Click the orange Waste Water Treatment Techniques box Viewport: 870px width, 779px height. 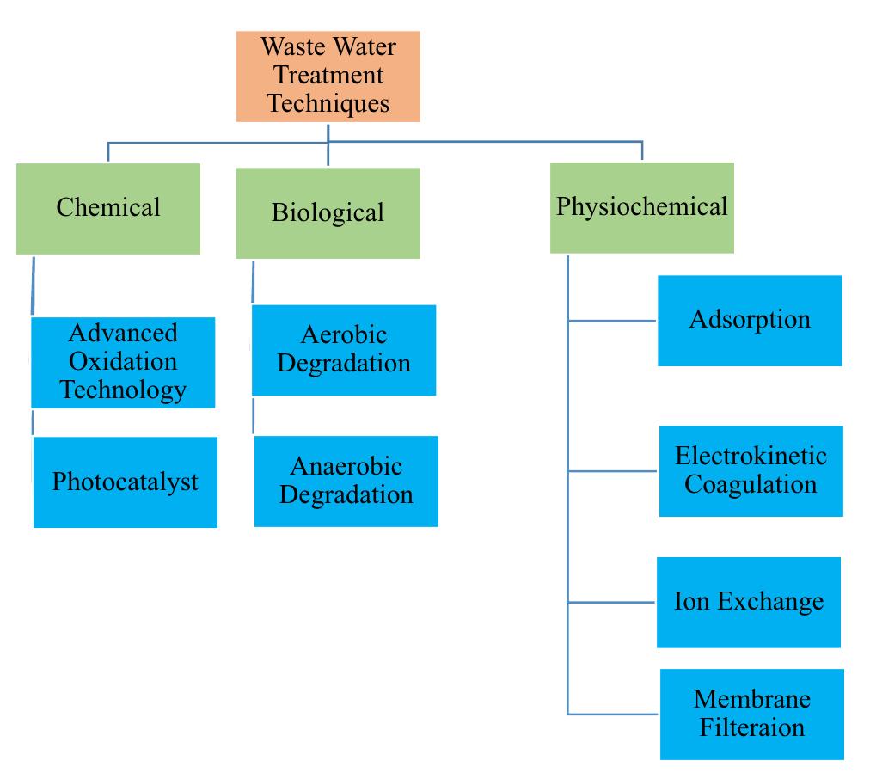pyautogui.click(x=328, y=77)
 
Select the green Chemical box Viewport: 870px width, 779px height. pyautogui.click(x=108, y=209)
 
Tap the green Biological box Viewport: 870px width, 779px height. pyautogui.click(x=328, y=213)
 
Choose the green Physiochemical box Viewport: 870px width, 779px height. pyautogui.click(x=642, y=208)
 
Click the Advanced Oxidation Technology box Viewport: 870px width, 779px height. pyautogui.click(x=123, y=362)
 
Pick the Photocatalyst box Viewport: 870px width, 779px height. pyautogui.click(x=126, y=482)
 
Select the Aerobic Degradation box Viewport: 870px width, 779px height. pyautogui.click(x=344, y=350)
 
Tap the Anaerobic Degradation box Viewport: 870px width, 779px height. pyautogui.click(x=346, y=482)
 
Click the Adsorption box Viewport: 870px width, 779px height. pyautogui.click(x=750, y=321)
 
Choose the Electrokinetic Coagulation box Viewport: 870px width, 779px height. pyautogui.click(x=751, y=470)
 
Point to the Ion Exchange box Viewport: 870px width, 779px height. pyautogui.click(x=748, y=602)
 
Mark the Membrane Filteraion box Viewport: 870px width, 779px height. pyautogui.click(x=752, y=714)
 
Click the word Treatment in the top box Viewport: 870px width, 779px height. pyautogui.click(x=328, y=75)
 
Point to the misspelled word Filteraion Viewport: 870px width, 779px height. pyautogui.click(x=752, y=727)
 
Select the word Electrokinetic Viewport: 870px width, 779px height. pyautogui.click(x=751, y=456)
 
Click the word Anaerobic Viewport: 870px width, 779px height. pyautogui.click(x=346, y=467)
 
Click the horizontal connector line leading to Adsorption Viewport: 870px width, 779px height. pyautogui.click(x=612, y=322)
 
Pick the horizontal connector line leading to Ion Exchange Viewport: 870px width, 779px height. pyautogui.click(x=611, y=603)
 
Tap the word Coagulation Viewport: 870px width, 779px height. pyautogui.click(x=751, y=484)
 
